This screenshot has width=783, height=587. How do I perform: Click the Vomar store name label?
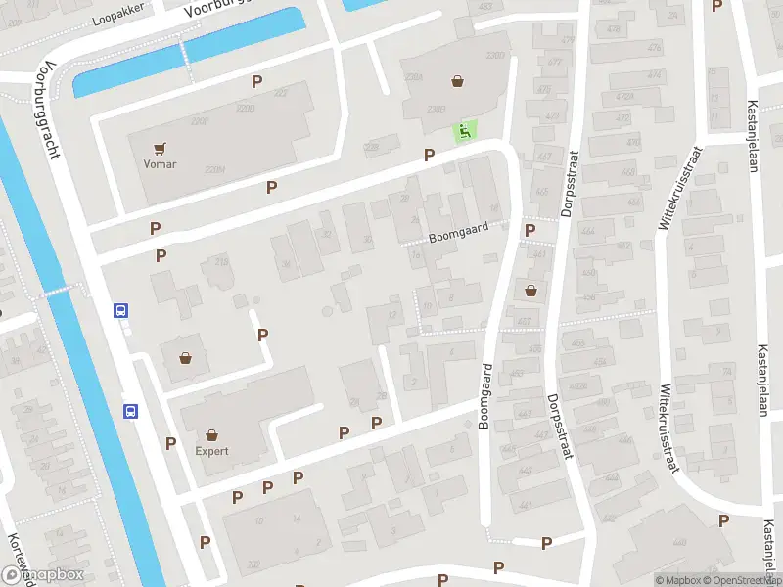tap(160, 164)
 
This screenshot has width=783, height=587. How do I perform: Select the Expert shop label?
tap(211, 451)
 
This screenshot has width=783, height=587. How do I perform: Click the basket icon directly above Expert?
tap(211, 434)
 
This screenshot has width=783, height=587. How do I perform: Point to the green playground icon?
tap(465, 131)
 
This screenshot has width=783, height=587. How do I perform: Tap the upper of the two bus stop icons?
tap(121, 310)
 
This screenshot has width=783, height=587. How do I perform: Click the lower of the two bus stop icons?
tap(129, 412)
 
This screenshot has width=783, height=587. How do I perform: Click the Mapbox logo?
tap(43, 574)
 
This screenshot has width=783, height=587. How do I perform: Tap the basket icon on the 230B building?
tap(457, 81)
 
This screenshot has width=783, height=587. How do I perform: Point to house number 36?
tap(286, 264)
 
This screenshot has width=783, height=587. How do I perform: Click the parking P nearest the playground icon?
tap(429, 155)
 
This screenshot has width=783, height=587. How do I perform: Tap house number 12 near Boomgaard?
tap(393, 315)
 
